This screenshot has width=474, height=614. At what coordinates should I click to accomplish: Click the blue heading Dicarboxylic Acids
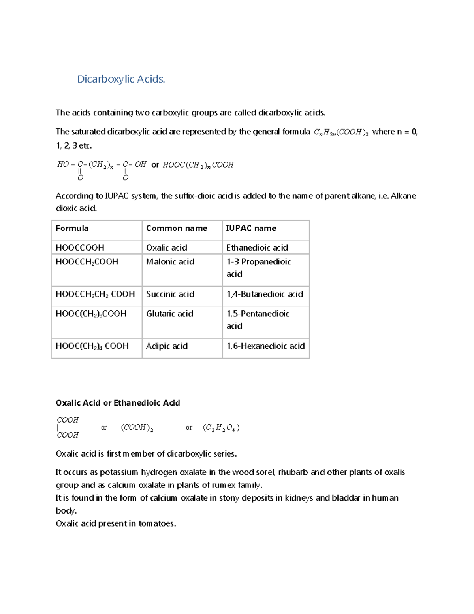pos(121,79)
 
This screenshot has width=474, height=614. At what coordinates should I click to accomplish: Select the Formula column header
pos(72,228)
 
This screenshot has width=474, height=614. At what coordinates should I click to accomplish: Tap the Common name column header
pos(176,228)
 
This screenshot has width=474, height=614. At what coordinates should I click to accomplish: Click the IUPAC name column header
pos(251,228)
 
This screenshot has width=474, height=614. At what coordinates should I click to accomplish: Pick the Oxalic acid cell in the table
pos(166,247)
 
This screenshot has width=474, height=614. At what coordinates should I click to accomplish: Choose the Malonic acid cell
pos(170,262)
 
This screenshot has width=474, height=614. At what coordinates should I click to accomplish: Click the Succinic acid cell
pos(170,294)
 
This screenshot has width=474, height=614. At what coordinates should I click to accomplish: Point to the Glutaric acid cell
pos(169,314)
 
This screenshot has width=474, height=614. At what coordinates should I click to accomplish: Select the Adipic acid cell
pos(167,346)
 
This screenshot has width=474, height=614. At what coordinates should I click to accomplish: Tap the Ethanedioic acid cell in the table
pos(257,247)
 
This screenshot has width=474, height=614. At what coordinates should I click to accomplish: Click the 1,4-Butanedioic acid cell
pos(265,294)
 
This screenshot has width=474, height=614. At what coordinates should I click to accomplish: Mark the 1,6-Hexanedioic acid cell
pos(265,346)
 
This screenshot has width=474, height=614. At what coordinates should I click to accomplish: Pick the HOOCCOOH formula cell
pos(80,247)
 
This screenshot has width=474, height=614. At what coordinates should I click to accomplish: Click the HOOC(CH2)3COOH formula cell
pos(91,314)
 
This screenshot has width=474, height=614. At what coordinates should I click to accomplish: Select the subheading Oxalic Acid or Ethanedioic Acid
pos(118,403)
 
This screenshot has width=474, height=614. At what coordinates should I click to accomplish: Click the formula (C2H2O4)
pos(221,428)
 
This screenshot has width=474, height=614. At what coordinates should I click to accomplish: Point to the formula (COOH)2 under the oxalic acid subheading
pos(137,428)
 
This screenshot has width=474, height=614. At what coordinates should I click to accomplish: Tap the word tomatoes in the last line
pos(157,523)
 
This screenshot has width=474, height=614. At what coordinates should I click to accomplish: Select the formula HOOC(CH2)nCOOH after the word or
pos(198,165)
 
